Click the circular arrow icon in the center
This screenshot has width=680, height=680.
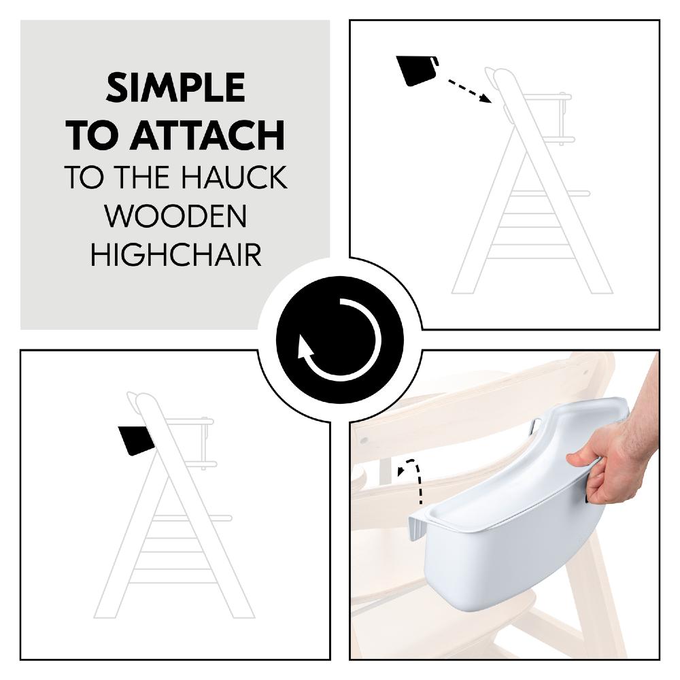(339, 339)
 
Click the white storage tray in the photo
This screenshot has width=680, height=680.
(517, 530)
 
